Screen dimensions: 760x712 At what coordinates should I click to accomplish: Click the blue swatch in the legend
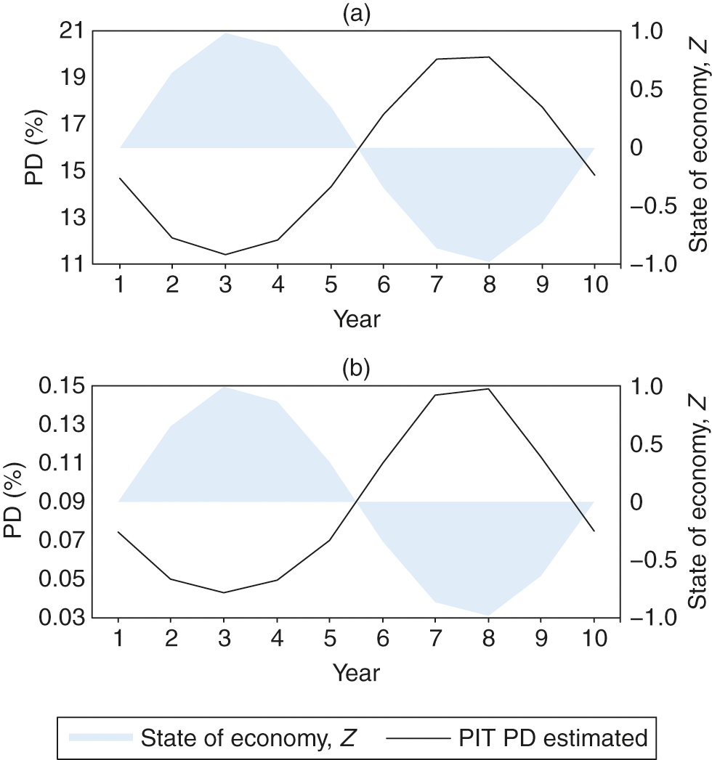point(101,737)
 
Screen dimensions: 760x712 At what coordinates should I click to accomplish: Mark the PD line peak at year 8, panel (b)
point(488,389)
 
